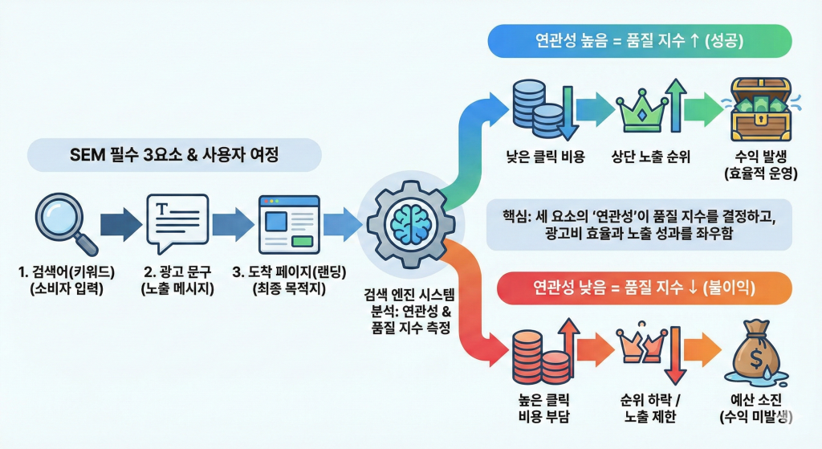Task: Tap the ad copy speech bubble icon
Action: click(x=177, y=220)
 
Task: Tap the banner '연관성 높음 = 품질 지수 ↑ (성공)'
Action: click(x=639, y=39)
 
